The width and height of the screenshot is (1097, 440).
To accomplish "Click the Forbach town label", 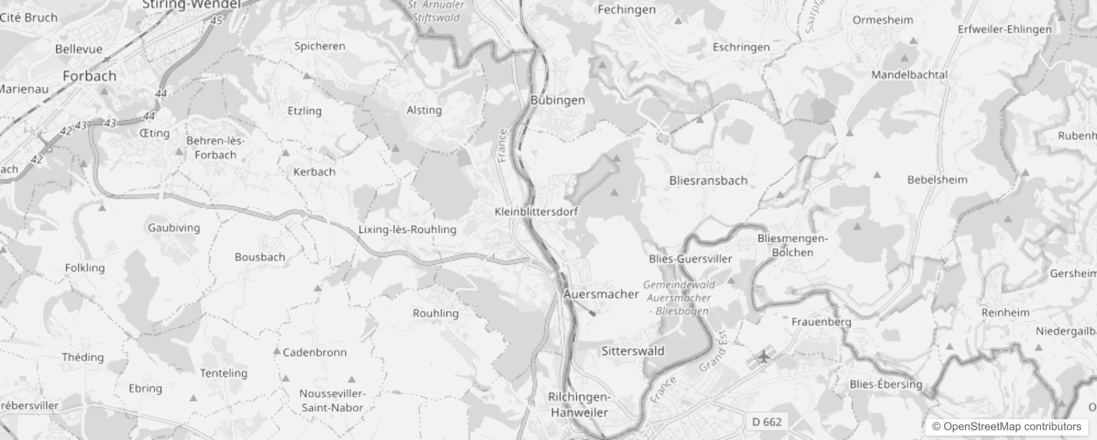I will point(90,76).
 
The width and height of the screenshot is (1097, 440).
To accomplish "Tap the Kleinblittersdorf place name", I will point(536,212).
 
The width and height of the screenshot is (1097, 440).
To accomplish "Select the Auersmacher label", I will point(601,294).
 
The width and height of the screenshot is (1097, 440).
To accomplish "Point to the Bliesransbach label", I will point(708,180).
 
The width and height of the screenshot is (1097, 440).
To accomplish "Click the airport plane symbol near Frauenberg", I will point(763,358).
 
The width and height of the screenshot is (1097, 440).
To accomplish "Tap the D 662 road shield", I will point(766,422).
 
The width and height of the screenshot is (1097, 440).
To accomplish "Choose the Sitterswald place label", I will point(633,351).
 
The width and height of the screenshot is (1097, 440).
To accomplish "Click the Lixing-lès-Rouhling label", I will point(407,229).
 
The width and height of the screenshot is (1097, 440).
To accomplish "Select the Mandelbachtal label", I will point(909,75).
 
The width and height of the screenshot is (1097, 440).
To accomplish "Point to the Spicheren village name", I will point(319,46).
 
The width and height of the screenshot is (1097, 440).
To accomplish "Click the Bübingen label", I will point(557,100).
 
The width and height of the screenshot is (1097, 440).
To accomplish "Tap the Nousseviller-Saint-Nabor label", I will point(332,400).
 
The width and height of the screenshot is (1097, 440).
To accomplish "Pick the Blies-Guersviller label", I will point(690,259).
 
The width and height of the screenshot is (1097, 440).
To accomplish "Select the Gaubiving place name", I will point(174,228).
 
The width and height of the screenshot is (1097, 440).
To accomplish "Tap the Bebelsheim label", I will point(937,180).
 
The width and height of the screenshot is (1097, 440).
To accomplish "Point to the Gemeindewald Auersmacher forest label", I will point(679,298).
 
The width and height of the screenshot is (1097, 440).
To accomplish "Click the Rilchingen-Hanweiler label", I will point(579,404).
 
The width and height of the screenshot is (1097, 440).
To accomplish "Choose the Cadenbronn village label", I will point(314,353).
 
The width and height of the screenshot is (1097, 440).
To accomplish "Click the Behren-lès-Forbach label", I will point(215,148).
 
